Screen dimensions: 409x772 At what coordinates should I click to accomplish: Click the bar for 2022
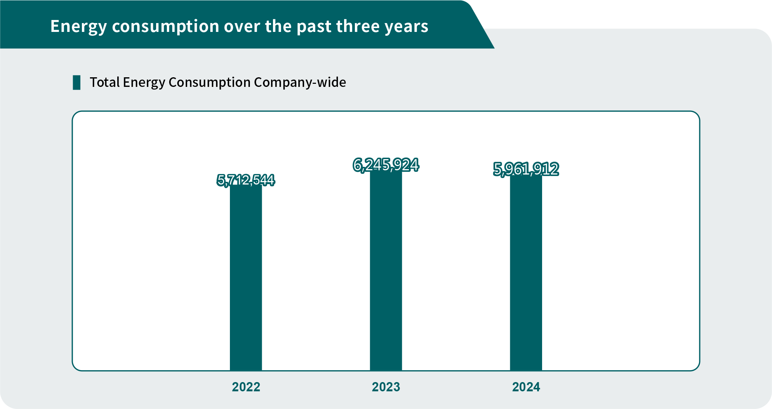click(x=246, y=277)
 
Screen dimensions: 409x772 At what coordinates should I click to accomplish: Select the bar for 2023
click(x=386, y=269)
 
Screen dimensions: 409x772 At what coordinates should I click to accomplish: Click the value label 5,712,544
click(x=246, y=180)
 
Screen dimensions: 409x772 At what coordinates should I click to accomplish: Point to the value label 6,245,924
click(x=386, y=165)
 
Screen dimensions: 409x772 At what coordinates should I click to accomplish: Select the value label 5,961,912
click(x=526, y=169)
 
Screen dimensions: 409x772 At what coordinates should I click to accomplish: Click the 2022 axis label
click(x=246, y=387)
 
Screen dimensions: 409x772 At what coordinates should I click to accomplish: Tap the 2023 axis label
click(x=386, y=387)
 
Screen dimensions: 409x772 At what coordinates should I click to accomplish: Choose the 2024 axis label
click(x=526, y=387)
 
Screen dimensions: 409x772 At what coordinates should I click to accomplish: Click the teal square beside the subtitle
click(x=77, y=83)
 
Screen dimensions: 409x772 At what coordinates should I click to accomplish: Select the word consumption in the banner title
click(x=165, y=27)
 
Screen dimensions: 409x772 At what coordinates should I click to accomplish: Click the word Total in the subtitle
click(x=105, y=82)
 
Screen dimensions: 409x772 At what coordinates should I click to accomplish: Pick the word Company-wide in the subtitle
click(x=300, y=82)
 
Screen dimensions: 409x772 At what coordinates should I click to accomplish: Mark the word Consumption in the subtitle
click(x=210, y=82)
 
